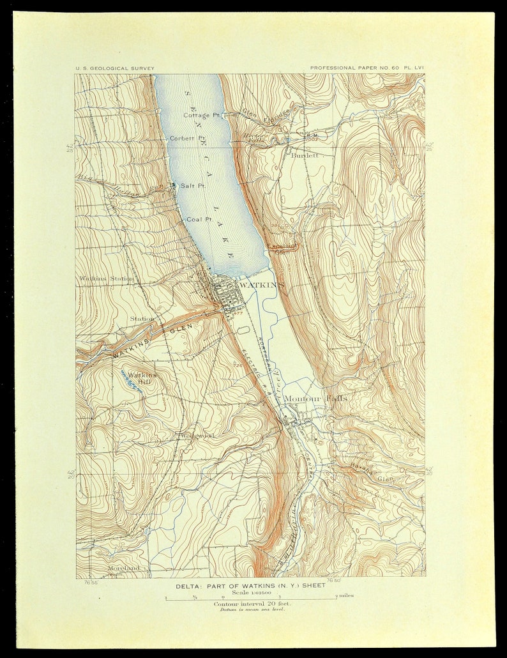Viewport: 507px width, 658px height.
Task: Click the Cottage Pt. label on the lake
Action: [x=201, y=116]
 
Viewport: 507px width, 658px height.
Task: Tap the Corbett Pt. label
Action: [x=187, y=138]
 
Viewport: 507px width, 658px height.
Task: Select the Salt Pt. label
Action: [x=192, y=186]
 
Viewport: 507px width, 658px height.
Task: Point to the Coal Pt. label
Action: [x=199, y=219]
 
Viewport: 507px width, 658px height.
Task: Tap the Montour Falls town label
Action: [x=315, y=398]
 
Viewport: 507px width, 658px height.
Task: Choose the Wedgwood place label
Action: [x=197, y=436]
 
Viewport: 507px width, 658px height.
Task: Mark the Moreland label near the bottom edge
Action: [x=123, y=568]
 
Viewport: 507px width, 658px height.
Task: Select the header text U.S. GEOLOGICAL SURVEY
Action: [x=115, y=68]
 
